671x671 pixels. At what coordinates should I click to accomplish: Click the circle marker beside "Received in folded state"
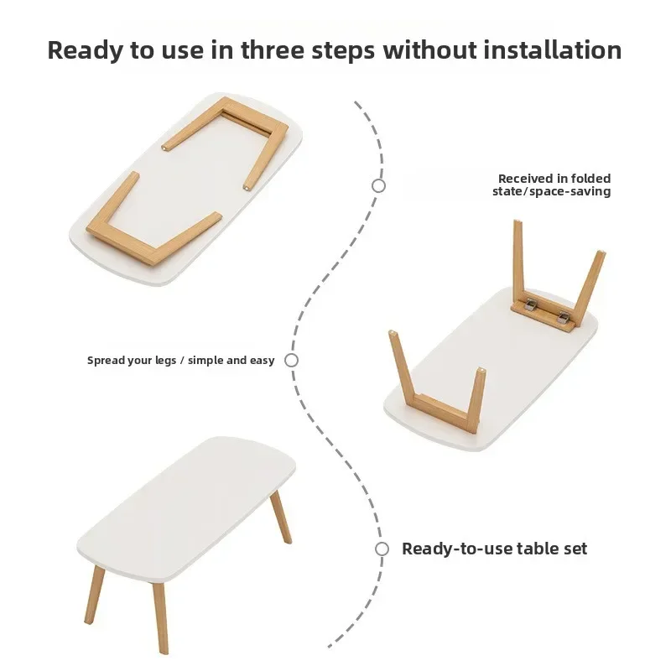click(378, 185)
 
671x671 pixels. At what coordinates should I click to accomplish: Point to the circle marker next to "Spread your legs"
click(291, 360)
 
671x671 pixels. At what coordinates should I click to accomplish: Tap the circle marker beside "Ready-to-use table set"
click(382, 549)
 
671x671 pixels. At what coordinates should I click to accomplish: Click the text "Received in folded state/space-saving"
click(552, 185)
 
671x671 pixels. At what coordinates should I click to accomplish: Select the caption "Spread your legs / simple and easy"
click(181, 360)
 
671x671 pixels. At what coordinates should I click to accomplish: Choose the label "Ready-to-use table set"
click(494, 549)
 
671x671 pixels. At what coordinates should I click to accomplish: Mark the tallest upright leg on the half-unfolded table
click(519, 256)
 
